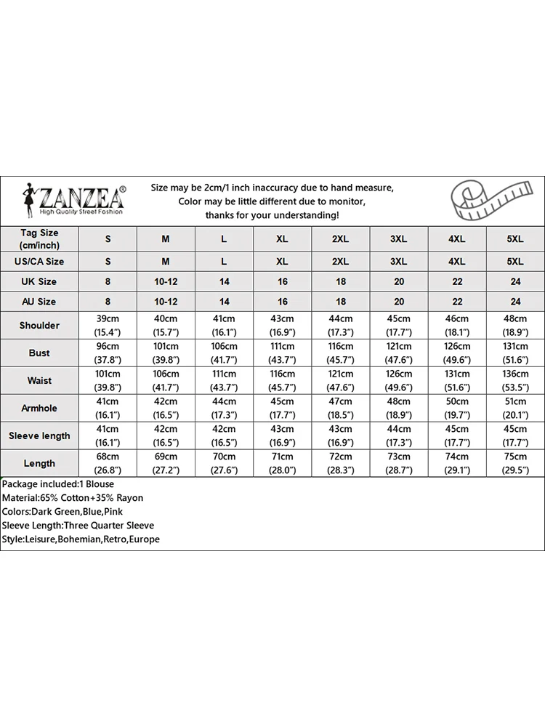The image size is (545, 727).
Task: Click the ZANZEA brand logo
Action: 73,198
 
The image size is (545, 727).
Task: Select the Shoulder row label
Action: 39,325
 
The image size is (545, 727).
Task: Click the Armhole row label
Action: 39,408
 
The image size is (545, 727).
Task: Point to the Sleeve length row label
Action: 39,435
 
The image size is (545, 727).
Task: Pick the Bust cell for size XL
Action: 282,353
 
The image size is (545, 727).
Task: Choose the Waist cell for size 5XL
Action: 515,380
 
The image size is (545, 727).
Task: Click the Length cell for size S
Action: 108,463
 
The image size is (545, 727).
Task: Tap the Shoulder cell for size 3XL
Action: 399,325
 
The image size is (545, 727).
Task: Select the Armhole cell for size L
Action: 224,408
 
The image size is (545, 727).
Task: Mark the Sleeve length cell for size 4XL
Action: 457,435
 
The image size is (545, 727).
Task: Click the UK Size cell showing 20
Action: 399,281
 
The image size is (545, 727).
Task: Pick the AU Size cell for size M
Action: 166,301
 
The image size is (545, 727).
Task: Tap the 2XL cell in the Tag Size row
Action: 340,238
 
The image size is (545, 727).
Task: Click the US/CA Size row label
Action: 39,261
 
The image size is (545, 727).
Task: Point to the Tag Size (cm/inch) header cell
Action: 39,238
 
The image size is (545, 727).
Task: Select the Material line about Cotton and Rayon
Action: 73,498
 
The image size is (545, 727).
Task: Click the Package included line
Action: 58,484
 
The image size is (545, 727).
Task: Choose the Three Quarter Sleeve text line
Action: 78,526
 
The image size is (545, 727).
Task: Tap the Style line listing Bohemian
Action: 81,539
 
